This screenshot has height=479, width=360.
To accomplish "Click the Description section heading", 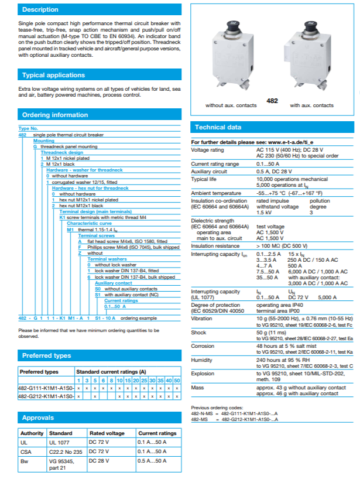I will tap(40, 10).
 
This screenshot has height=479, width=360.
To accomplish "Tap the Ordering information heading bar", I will tap(54, 115).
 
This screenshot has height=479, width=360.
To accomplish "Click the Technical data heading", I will tap(218, 127).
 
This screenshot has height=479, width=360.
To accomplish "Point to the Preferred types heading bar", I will tap(46, 355).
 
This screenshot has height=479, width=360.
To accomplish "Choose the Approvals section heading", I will tap(38, 418).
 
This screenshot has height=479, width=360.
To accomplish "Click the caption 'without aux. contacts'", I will tap(231, 106).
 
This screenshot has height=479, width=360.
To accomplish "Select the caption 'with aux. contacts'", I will tap(311, 106).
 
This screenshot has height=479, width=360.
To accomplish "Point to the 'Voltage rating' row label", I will tap(208, 150).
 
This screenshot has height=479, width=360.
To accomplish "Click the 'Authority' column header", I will tap(32, 433).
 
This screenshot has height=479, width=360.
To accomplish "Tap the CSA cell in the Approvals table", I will tap(25, 451).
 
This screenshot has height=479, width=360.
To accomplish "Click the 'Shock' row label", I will tap(198, 332).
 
